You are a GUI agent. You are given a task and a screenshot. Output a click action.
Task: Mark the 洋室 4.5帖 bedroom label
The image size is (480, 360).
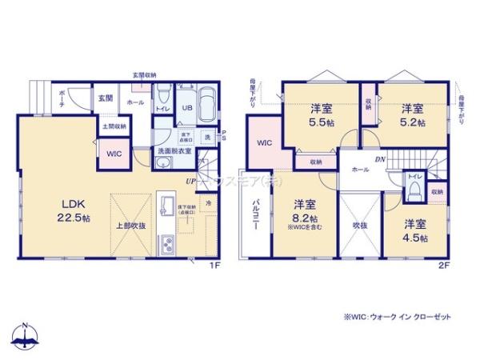[415, 230]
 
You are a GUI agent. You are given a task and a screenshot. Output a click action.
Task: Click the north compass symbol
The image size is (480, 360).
[28, 337]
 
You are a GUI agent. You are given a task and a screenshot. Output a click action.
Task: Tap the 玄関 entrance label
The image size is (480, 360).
[106, 98]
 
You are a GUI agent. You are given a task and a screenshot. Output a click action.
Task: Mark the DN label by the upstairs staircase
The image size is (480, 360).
[381, 159]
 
